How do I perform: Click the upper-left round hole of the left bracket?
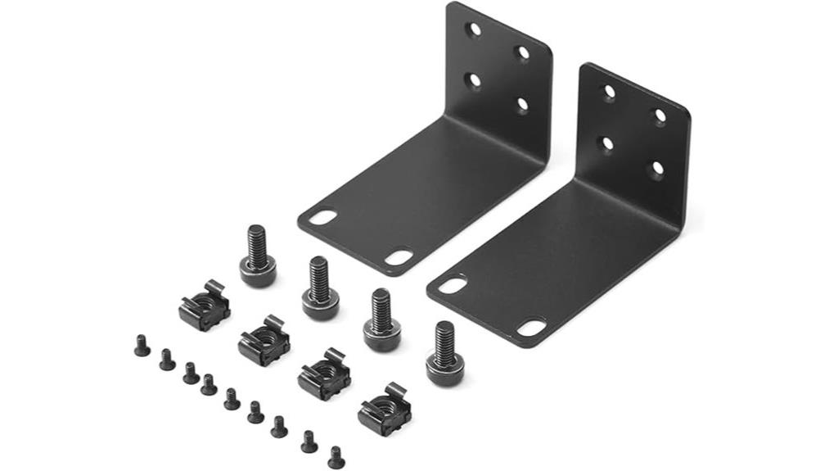473,29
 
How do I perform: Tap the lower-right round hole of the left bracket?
520,105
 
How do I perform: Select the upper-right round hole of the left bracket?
522,52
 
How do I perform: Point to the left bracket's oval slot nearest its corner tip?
323,219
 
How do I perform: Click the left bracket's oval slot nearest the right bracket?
399,257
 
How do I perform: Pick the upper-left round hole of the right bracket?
609,92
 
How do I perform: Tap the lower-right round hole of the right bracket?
657,169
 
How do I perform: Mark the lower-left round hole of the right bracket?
607,144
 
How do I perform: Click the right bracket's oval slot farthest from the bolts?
531,328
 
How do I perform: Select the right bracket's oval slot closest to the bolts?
453,285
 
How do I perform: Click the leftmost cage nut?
204,306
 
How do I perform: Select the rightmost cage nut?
384,409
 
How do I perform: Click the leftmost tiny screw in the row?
142,346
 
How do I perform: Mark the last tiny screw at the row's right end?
336,457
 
